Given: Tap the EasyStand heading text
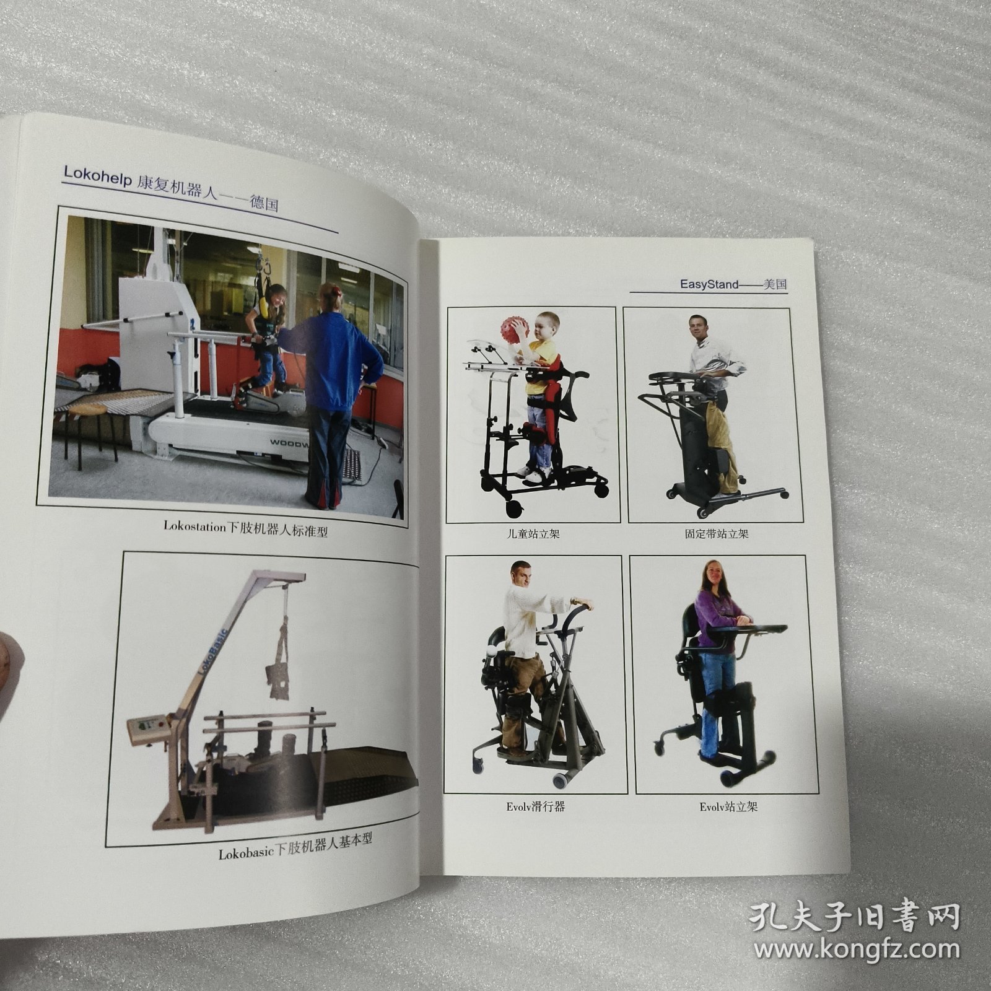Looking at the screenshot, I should tap(709, 284).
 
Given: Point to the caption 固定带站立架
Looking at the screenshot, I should tap(717, 533).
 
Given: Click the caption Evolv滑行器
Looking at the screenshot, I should tap(535, 807).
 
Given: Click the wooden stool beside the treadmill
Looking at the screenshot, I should tap(93, 427).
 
